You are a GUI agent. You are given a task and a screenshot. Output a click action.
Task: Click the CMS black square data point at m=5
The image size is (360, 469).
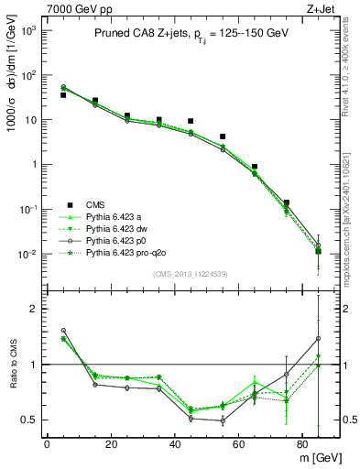click(x=62, y=94)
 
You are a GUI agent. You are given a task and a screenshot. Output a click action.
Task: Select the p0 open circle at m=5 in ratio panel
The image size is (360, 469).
click(x=62, y=330)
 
